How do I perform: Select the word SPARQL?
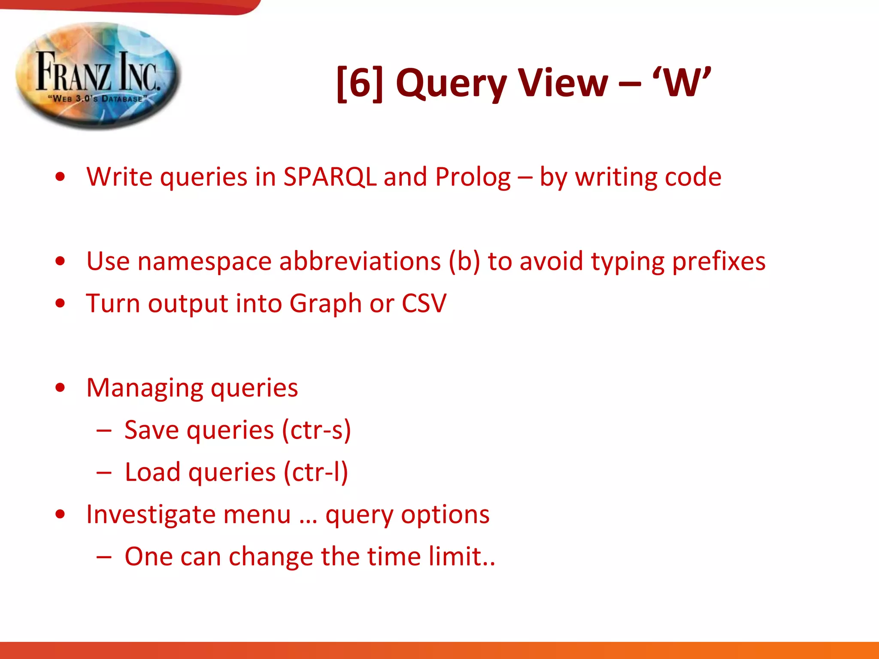tap(330, 177)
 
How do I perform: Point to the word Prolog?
tap(473, 177)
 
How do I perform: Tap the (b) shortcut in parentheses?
tap(464, 261)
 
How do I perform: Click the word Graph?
tap(326, 304)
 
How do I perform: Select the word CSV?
tap(424, 304)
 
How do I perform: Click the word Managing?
tap(145, 388)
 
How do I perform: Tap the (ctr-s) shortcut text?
tap(316, 430)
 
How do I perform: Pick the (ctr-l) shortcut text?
tap(315, 472)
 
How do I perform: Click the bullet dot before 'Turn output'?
tap(60, 303)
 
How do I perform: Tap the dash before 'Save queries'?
tap(104, 430)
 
